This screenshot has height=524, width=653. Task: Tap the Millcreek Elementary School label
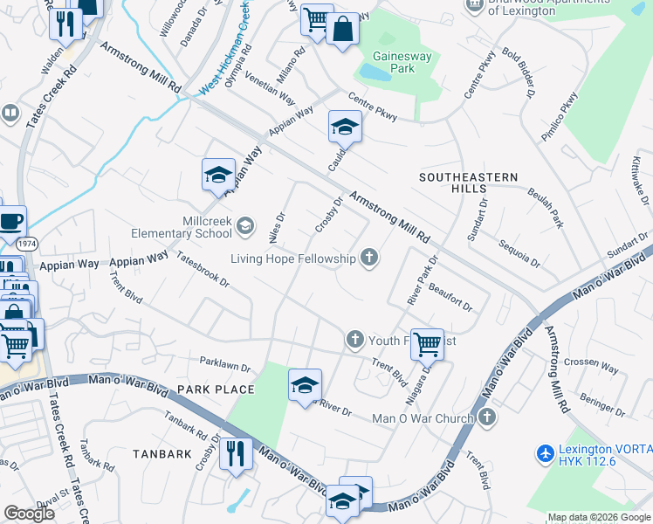click(182, 228)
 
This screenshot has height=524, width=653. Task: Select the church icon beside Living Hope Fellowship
click(370, 258)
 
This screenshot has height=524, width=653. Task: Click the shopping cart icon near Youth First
click(427, 343)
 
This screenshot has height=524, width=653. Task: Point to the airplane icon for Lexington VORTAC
click(546, 453)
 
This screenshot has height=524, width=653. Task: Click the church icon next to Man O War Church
click(487, 418)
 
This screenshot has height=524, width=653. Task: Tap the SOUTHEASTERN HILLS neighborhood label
click(468, 183)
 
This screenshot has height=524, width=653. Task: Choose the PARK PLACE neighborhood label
click(215, 390)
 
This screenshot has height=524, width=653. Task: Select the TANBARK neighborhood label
click(162, 454)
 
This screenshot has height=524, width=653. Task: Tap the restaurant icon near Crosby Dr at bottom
click(236, 453)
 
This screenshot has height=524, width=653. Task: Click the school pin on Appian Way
click(218, 174)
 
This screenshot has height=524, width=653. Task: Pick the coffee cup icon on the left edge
click(11, 222)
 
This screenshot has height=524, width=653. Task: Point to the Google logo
click(30, 513)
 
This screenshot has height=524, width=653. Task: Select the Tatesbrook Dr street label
click(203, 270)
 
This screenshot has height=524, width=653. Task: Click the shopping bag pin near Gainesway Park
click(342, 31)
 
